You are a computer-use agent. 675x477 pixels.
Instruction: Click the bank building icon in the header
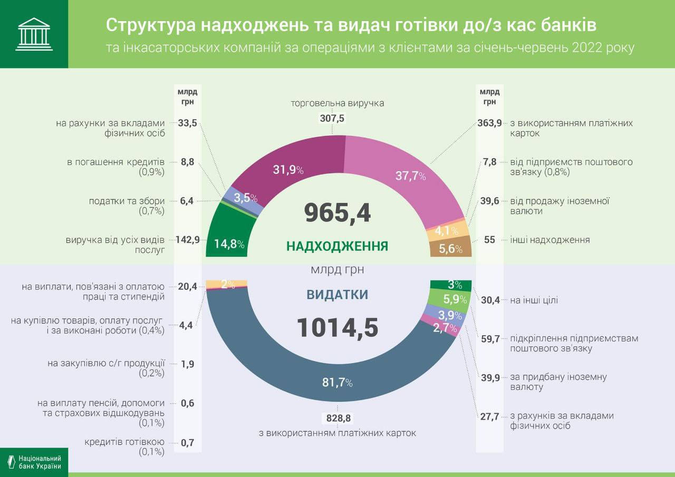click(x=34, y=34)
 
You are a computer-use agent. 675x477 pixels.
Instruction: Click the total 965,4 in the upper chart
click(x=337, y=212)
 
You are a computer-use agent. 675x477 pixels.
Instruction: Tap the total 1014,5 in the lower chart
click(x=337, y=327)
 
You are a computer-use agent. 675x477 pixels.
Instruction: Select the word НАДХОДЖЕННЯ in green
click(x=337, y=246)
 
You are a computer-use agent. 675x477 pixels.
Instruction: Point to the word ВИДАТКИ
click(x=337, y=295)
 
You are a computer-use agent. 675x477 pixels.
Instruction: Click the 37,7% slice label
click(x=410, y=176)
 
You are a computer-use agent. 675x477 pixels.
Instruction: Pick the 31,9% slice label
click(x=288, y=170)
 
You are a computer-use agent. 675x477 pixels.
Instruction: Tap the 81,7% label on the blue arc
click(x=337, y=383)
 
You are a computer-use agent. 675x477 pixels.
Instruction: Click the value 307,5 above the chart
click(x=332, y=119)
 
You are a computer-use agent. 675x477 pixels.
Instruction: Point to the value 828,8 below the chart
click(x=339, y=418)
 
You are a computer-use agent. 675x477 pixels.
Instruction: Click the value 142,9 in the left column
click(x=188, y=240)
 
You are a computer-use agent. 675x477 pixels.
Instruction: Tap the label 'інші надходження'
click(x=550, y=240)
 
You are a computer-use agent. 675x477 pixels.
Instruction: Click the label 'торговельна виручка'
click(x=337, y=103)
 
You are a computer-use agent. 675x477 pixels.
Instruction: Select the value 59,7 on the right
click(x=490, y=338)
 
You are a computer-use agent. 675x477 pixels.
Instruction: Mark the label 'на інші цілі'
click(x=534, y=300)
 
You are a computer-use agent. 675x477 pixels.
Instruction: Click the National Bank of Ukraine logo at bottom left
click(x=34, y=462)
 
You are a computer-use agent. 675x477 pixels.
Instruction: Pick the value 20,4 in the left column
click(x=188, y=286)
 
